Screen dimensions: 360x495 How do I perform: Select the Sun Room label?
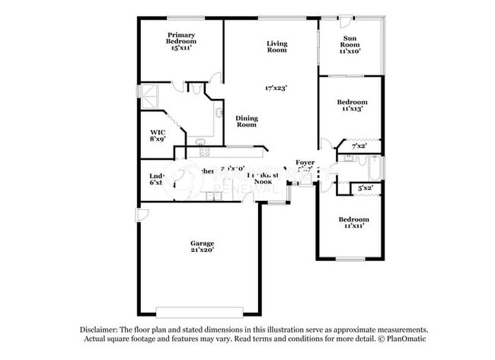350,39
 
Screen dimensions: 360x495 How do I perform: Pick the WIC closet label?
158,132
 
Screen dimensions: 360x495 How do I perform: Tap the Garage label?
202,243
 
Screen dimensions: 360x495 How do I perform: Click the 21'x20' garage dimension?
202,250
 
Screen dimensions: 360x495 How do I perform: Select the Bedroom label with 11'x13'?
353,102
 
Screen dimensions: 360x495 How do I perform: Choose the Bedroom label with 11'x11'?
353,218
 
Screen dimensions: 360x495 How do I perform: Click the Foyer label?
305,162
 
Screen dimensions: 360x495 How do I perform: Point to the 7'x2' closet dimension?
359,145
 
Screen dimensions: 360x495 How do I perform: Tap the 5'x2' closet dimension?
365,187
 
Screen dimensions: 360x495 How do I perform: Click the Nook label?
263,182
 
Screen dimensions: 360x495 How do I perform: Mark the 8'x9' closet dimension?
158,139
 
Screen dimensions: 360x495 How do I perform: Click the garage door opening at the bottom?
200,310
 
